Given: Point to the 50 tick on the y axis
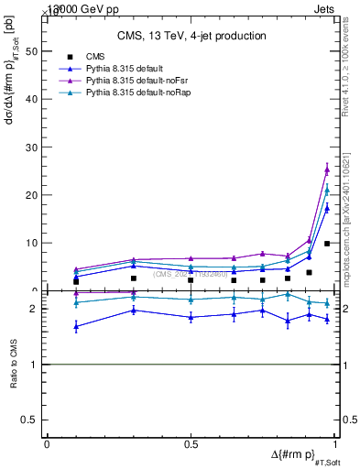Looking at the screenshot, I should click(32, 51).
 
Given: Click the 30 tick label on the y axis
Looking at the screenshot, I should click(32, 147).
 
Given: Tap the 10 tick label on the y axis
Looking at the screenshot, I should click(32, 243).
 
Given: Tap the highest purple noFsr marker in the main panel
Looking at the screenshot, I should click(327, 169).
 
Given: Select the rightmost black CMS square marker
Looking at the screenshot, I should click(327, 244).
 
